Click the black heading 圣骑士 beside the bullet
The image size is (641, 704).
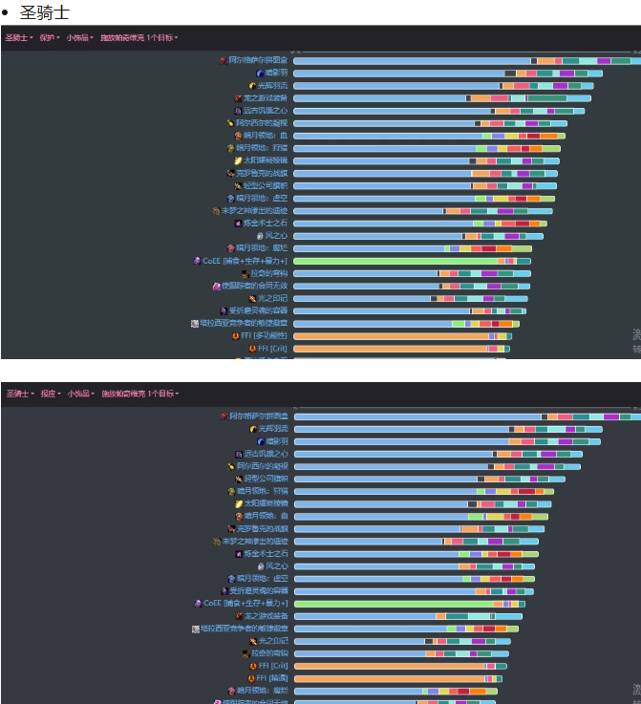(45, 12)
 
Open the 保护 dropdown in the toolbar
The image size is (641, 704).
(48, 37)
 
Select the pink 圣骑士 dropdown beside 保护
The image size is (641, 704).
(18, 37)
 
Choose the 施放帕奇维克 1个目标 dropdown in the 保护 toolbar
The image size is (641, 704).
(139, 37)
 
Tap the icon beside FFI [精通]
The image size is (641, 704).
(252, 678)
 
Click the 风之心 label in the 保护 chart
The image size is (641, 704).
(276, 235)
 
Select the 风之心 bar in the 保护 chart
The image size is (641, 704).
(377, 235)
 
